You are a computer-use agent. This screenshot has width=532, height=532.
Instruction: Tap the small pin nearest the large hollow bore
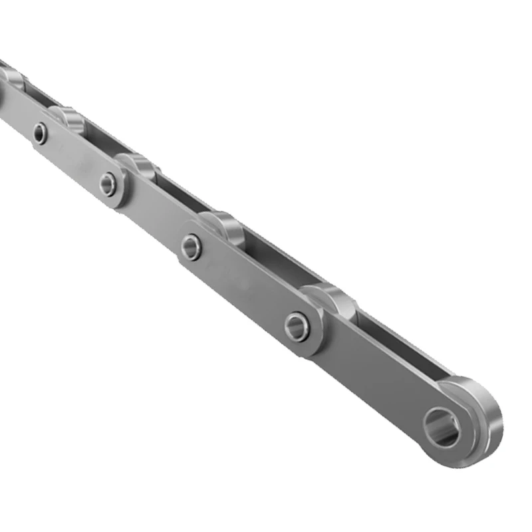[x=297, y=326]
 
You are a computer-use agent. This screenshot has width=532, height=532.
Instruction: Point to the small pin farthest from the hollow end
[x=41, y=133]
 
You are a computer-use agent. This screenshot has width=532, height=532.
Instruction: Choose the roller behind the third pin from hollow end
[x=137, y=164]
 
